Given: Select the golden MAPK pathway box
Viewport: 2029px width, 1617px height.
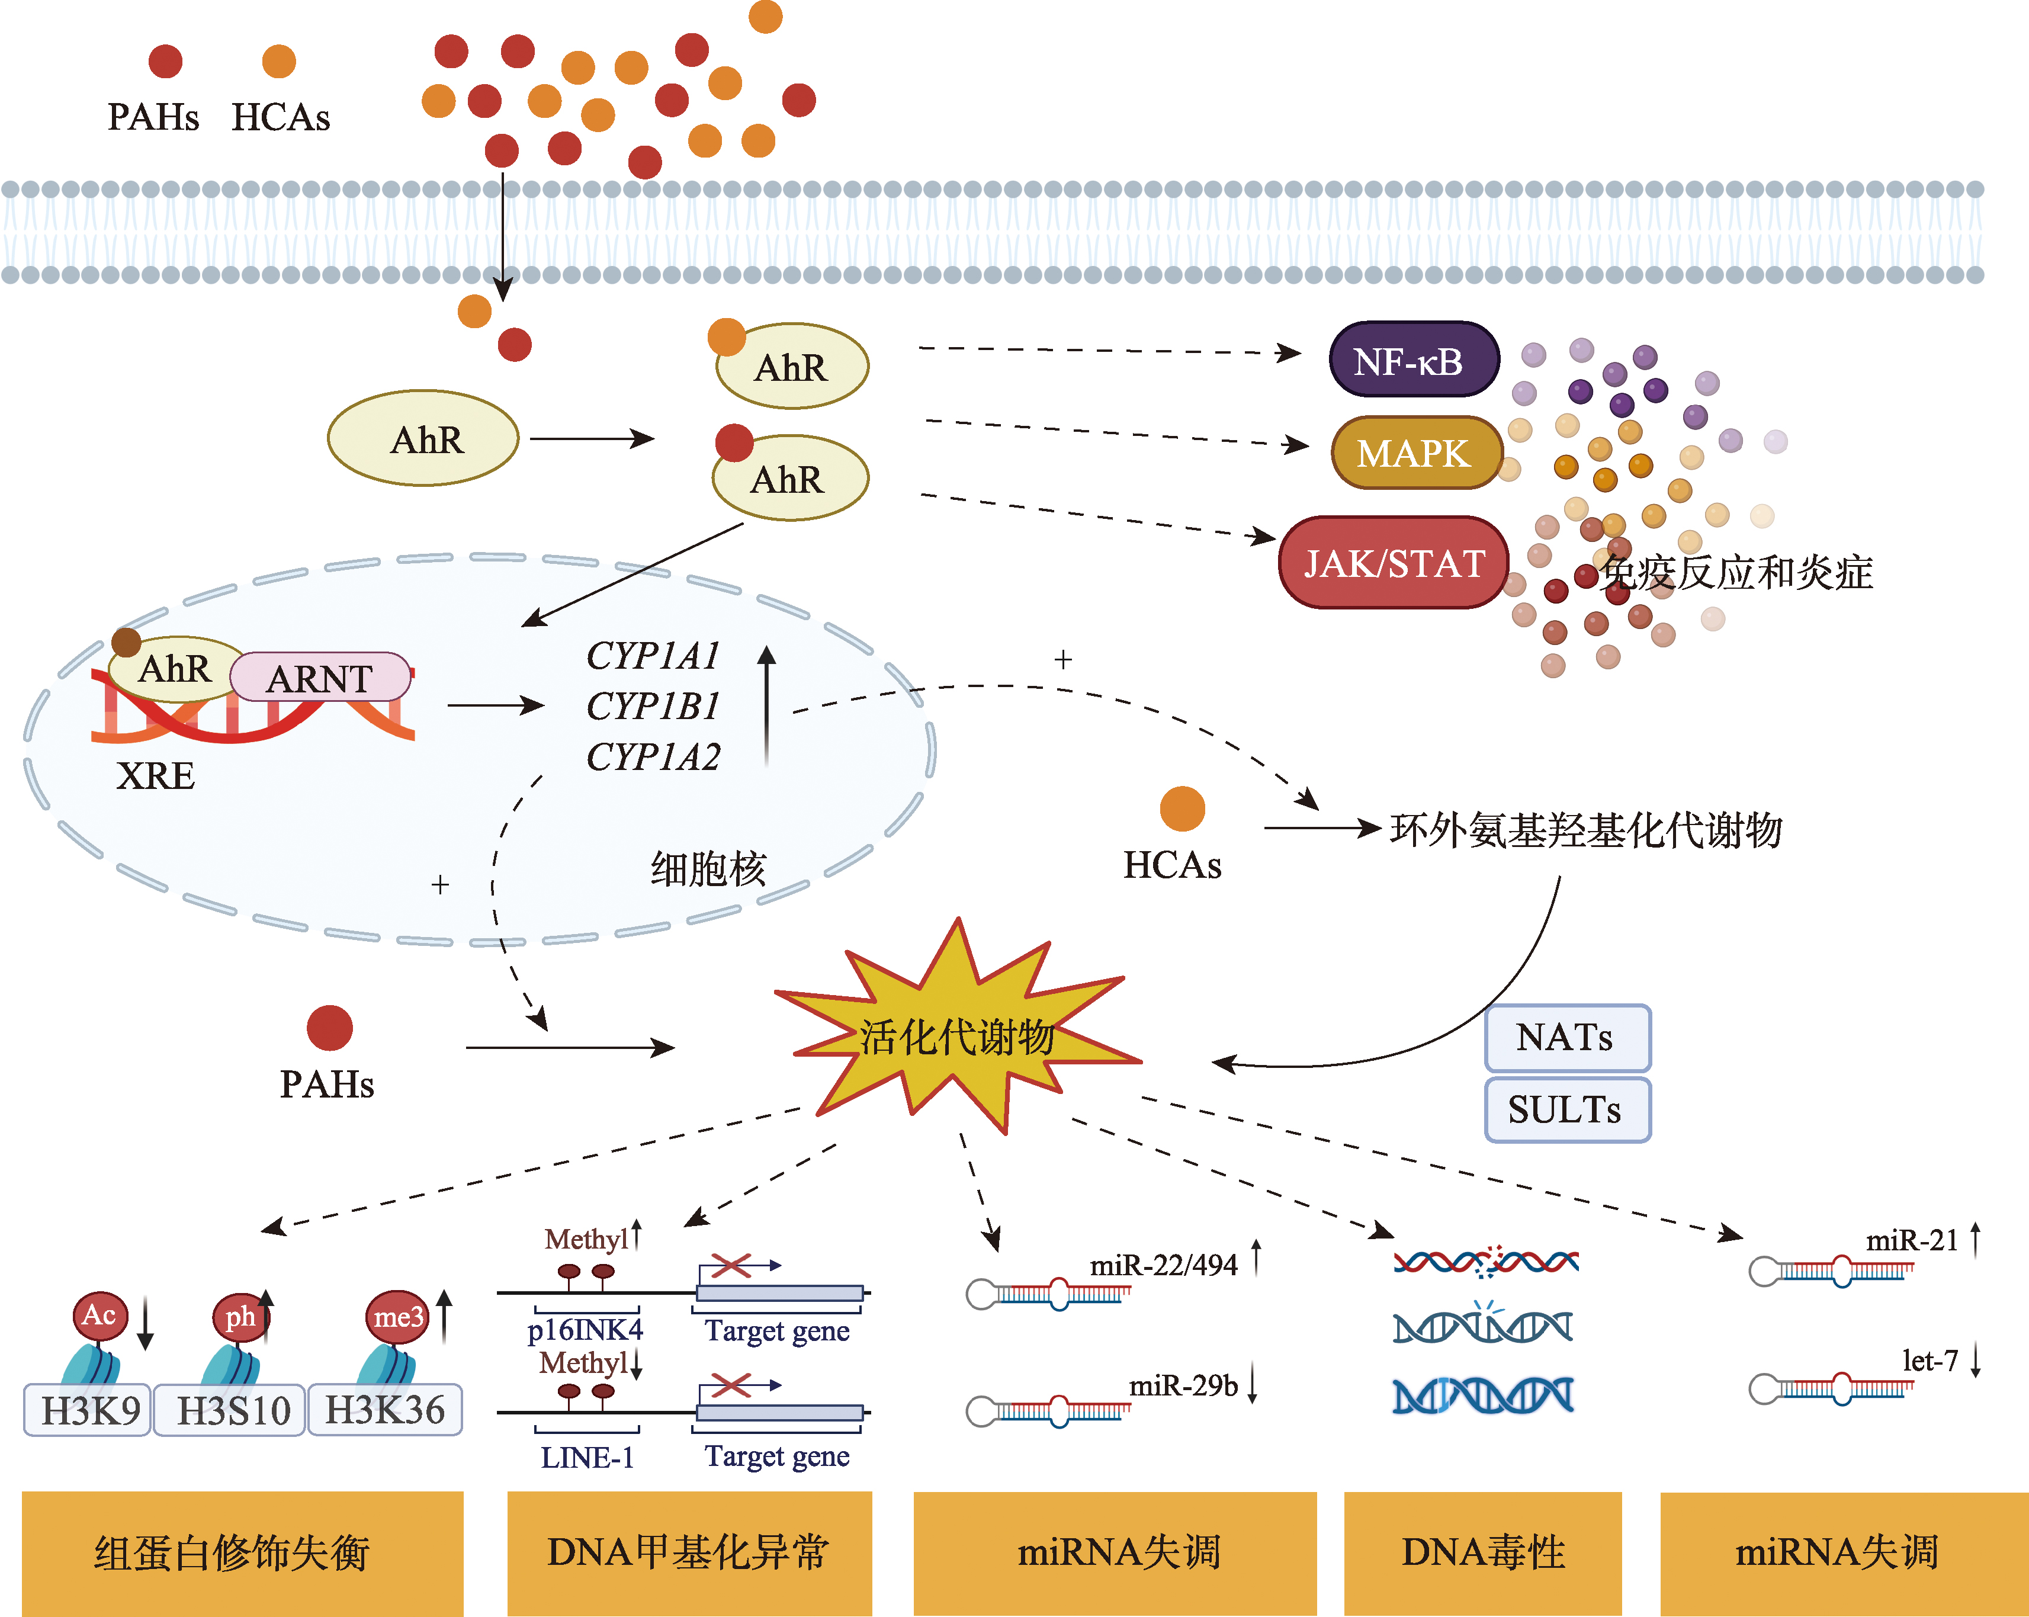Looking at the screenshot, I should pos(1414,453).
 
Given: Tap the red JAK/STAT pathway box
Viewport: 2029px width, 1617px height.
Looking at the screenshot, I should pos(1394,563).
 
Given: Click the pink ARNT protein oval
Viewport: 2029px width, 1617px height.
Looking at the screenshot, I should pos(320,678).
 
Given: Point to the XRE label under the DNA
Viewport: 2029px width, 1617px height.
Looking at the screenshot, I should pos(155,775).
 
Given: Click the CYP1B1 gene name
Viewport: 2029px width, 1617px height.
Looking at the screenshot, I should pos(653,706).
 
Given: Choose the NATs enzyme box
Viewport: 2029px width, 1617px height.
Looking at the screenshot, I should pos(1566,1037).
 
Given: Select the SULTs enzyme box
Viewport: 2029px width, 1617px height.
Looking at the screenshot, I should pos(1566,1109).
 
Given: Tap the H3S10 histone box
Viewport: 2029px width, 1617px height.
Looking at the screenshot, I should pos(232,1410).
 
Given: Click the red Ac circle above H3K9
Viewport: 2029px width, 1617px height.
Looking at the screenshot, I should pos(99,1315).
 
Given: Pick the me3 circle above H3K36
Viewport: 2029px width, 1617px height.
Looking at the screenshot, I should pos(397,1317).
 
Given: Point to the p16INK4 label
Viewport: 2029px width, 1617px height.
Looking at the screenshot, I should pos(585,1330).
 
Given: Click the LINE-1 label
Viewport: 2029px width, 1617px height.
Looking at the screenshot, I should pos(587,1457).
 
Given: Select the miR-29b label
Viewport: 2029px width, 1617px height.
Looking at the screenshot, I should pos(1183,1385).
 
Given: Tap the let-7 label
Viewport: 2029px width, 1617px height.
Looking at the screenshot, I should pos(1930,1361).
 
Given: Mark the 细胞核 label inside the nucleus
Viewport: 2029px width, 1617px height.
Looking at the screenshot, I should pos(708,868).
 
